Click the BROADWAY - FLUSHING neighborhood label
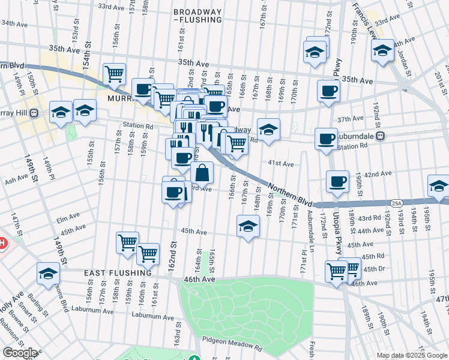pyautogui.click(x=196, y=16)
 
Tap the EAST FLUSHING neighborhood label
pyautogui.click(x=118, y=273)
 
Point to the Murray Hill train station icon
pyautogui.click(x=35, y=112)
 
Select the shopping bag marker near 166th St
pyautogui.click(x=203, y=173)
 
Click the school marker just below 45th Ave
pyautogui.click(x=247, y=226)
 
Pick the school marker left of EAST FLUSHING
pyautogui.click(x=48, y=274)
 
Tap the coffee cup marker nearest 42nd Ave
pyautogui.click(x=337, y=181)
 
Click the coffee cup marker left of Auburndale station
pyautogui.click(x=325, y=139)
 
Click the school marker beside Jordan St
pyautogui.click(x=382, y=51)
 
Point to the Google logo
pyautogui.click(x=19, y=353)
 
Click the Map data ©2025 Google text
pyautogui.click(x=411, y=355)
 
